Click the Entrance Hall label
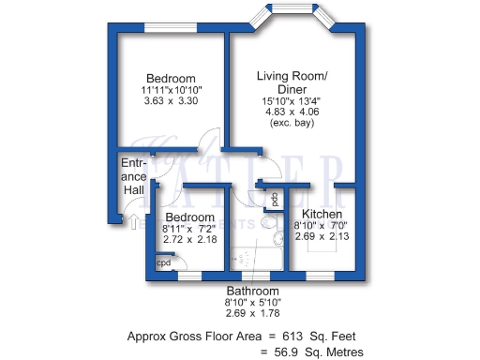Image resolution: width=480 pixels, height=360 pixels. [134, 176]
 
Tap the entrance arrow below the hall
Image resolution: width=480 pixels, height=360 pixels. [133, 223]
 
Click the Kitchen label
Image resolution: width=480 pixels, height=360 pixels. [321, 214]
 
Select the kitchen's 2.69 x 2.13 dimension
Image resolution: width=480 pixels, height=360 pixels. [321, 236]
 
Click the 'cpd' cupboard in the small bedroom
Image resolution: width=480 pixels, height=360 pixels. [163, 263]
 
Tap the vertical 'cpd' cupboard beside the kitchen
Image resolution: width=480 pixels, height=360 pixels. [275, 200]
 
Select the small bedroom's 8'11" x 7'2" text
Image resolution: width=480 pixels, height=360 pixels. [190, 228]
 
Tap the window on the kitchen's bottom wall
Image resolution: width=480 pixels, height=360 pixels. [321, 276]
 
